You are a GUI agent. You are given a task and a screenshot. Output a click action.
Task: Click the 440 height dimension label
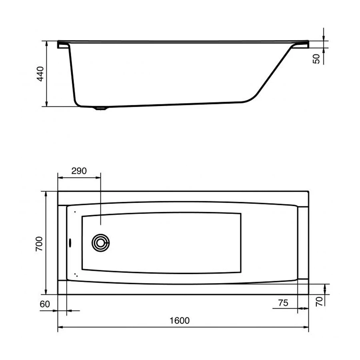pos(40,74)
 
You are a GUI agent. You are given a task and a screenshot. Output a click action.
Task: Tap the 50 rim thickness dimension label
pos(316,58)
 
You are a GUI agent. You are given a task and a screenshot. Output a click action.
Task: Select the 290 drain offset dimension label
pos(79,171)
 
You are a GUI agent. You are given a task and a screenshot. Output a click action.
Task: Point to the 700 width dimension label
pos(39,243)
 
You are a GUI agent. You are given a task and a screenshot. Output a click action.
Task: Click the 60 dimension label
pos(45,304)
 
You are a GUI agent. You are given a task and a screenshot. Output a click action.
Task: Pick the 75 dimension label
pos(283,303)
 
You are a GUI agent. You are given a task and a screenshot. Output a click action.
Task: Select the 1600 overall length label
pos(179,320)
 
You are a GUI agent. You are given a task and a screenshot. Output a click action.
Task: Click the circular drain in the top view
pos(100,243)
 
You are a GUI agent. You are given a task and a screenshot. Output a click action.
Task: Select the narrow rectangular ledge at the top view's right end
pos(303,243)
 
